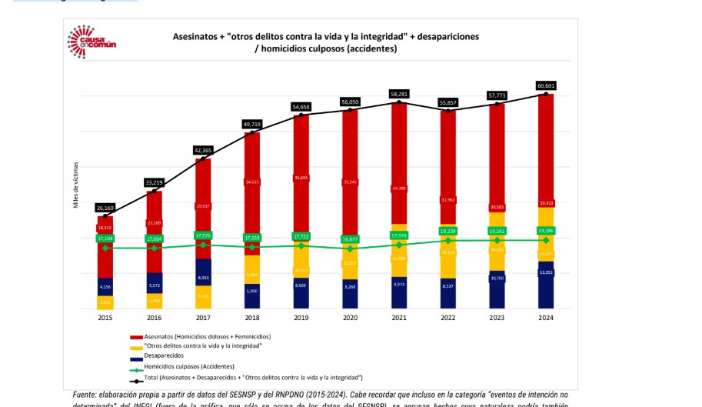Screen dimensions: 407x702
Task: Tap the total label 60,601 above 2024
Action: click(x=545, y=85)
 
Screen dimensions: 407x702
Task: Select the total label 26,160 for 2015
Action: click(x=105, y=208)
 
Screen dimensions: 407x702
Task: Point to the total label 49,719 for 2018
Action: click(x=252, y=124)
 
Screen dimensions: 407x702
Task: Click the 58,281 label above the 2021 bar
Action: click(x=398, y=94)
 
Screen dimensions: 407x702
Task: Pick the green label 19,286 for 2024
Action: click(x=545, y=230)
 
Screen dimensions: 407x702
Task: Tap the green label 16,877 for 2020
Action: click(x=350, y=239)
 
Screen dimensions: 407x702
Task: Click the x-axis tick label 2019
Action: click(x=301, y=317)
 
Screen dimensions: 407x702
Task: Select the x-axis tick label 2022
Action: click(x=447, y=317)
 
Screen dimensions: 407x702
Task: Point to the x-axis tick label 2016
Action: click(x=154, y=317)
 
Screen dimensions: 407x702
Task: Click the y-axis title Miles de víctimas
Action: click(x=75, y=185)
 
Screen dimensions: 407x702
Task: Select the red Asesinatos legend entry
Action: click(x=200, y=336)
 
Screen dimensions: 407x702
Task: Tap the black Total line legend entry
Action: click(x=246, y=378)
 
